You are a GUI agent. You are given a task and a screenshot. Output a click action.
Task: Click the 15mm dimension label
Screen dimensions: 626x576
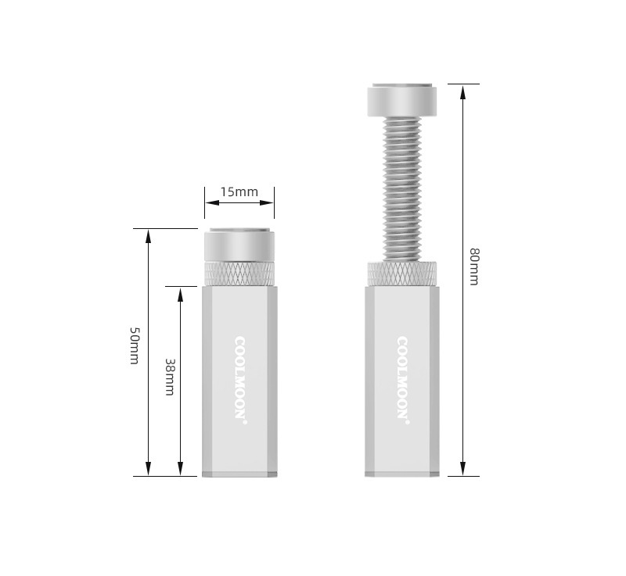point(239,192)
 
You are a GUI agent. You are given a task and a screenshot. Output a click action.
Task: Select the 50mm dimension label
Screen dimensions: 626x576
point(135,346)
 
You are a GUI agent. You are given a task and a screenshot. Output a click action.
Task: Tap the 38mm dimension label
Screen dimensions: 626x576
point(170,377)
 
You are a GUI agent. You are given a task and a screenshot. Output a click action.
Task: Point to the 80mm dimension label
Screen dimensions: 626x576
point(474,267)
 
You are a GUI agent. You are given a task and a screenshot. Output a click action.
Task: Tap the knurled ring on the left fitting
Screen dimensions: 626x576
point(239,274)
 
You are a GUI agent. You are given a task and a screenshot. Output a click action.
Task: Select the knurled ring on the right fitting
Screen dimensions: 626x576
point(402,274)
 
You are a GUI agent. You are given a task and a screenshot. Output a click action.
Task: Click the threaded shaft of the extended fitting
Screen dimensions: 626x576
point(402,189)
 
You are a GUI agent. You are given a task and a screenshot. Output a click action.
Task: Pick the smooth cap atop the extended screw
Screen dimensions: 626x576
point(402,100)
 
